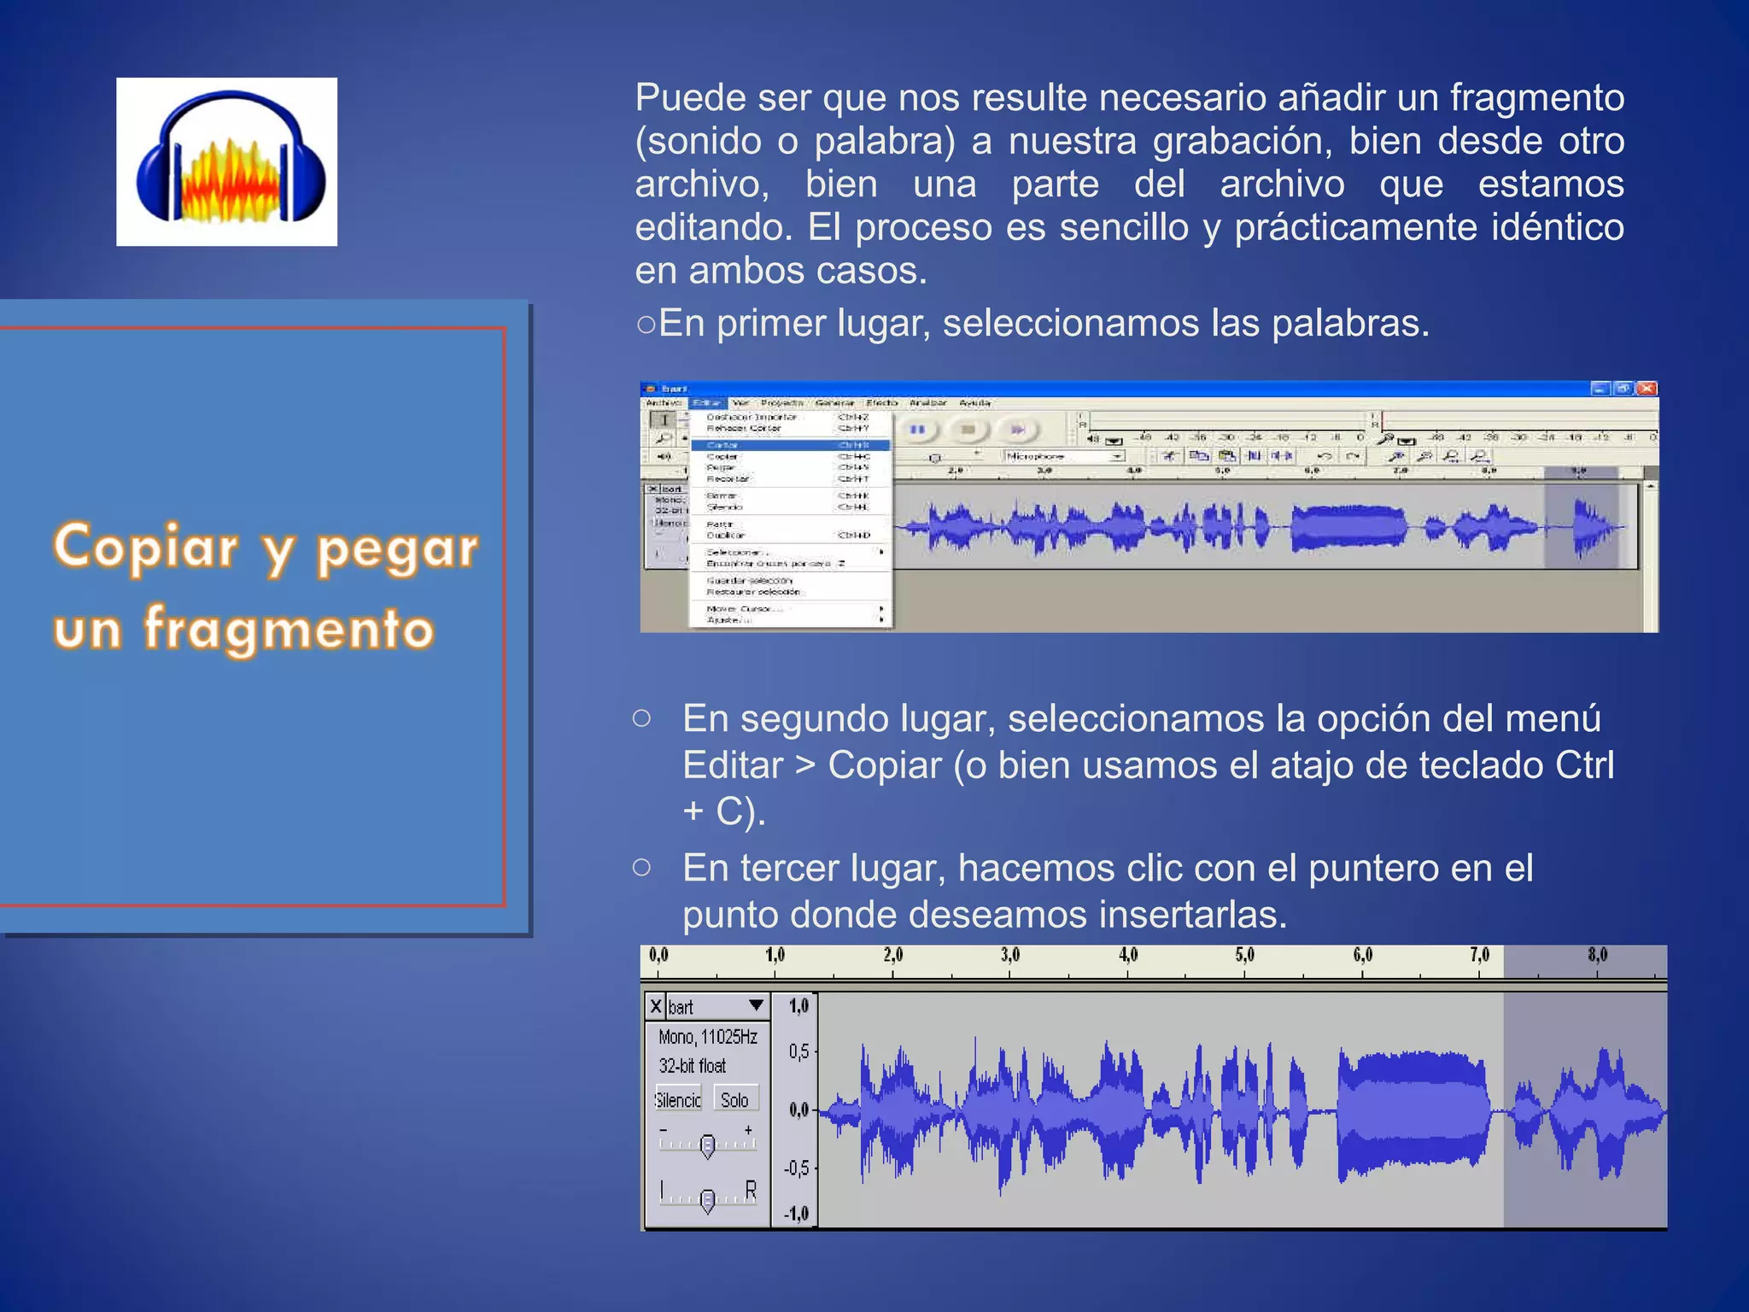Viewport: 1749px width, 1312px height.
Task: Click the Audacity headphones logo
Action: tap(227, 161)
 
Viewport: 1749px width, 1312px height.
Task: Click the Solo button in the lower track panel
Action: tap(734, 1099)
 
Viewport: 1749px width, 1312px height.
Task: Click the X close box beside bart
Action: tap(655, 1006)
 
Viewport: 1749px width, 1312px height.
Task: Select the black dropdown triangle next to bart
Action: tap(756, 1005)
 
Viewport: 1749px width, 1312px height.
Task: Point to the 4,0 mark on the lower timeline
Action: tap(1128, 956)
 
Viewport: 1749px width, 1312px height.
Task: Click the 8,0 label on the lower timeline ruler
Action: tap(1597, 956)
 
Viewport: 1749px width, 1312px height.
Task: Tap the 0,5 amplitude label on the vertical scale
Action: tap(798, 1051)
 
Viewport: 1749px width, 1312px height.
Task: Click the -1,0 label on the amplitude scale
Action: tap(796, 1214)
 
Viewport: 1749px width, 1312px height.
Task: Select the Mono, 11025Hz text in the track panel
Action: tap(707, 1037)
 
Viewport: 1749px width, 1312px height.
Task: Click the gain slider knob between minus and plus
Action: tap(707, 1146)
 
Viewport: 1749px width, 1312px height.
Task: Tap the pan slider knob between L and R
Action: tap(707, 1201)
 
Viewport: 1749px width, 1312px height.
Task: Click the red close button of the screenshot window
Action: tap(1647, 389)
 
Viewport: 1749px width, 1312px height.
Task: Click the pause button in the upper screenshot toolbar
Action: tap(917, 430)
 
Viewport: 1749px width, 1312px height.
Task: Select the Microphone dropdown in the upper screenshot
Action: tap(1064, 457)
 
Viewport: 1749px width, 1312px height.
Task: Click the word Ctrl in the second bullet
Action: tap(1584, 765)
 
